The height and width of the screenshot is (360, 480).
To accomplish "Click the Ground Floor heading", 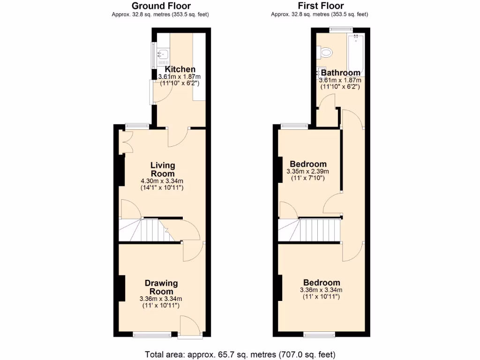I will tap(161, 6).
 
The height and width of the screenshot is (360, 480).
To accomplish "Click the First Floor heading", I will tap(321, 6).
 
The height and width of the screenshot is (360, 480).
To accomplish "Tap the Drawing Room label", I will tap(161, 287).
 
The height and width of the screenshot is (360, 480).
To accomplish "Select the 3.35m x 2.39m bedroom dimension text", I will tap(308, 172).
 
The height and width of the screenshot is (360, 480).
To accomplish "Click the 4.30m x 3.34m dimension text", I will tap(162, 181).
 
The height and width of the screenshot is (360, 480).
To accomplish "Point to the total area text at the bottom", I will tap(240, 354).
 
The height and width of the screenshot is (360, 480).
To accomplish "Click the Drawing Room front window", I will tap(152, 334).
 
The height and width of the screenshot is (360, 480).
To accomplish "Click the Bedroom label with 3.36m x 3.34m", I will tap(321, 283).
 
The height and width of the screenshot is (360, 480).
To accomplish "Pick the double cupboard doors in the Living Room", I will tap(126, 142).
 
